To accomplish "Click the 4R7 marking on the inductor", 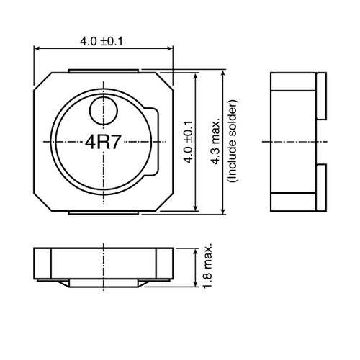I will pos(103,142).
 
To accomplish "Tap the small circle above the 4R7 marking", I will pos(103,110).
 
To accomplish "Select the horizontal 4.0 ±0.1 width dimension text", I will pos(102,41).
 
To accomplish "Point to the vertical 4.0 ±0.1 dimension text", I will pos(188,142).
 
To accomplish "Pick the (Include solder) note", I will pos(231,142).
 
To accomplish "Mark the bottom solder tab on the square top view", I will pos(103,213).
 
